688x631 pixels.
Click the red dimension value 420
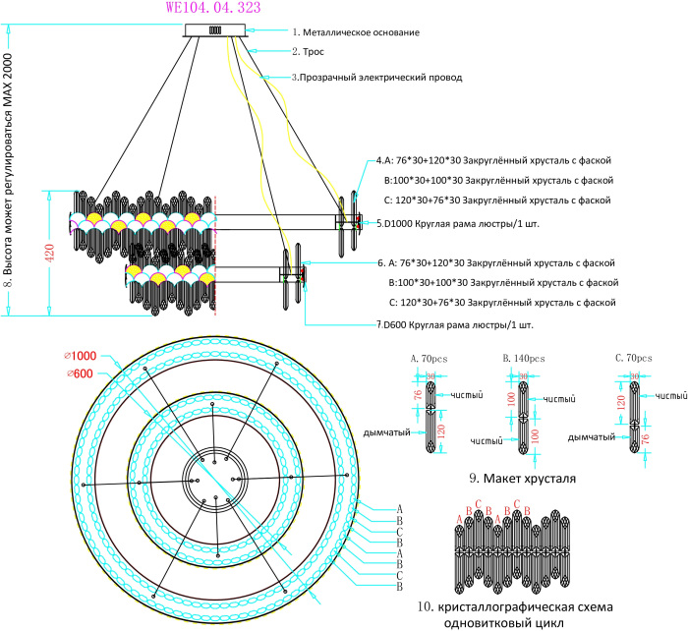[x=50, y=253]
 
